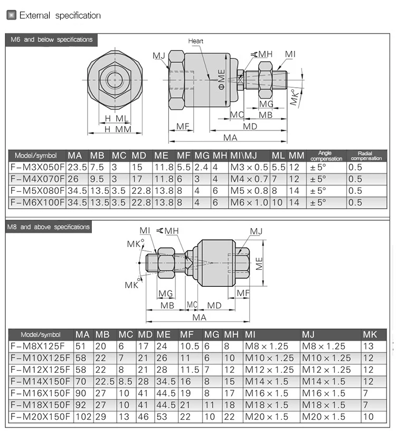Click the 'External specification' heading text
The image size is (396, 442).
(x=60, y=15)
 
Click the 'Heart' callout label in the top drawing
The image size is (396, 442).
(x=195, y=41)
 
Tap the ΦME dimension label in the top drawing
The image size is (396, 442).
(x=222, y=80)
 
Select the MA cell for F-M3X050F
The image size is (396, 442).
(x=77, y=167)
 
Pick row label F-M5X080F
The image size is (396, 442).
(x=37, y=191)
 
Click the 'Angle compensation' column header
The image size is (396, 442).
(x=326, y=156)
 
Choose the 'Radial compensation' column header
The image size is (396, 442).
(x=366, y=156)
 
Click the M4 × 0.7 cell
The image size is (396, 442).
(x=249, y=179)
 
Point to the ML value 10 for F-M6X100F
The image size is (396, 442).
(x=277, y=202)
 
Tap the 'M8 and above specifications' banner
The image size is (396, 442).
(x=49, y=227)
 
